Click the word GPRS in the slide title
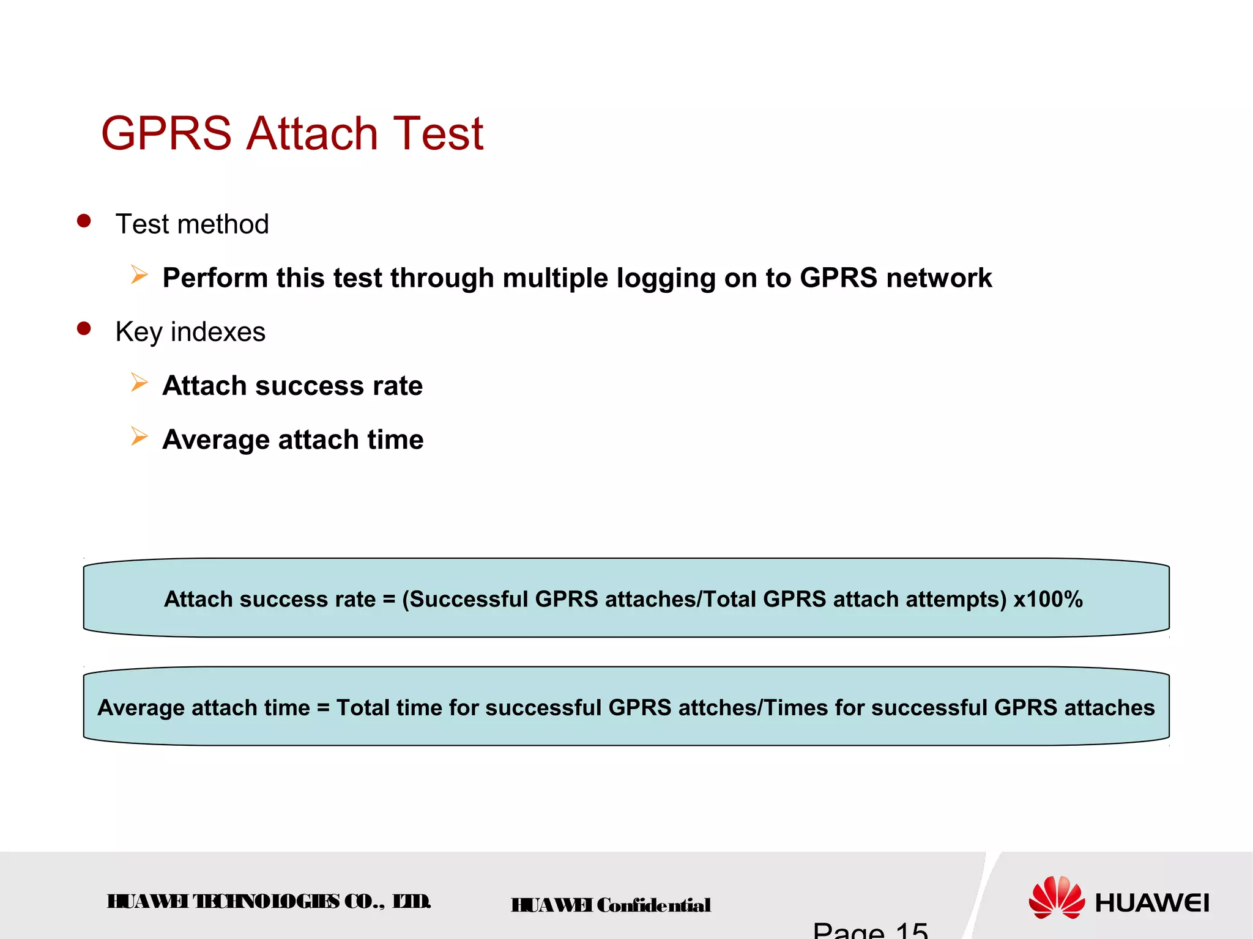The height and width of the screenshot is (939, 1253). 166,134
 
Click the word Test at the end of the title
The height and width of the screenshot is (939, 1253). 438,134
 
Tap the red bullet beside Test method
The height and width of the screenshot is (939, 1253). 84,221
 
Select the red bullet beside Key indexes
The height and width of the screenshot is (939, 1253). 84,329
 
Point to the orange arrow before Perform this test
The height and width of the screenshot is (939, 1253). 139,275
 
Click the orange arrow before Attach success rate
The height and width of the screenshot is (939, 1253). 139,383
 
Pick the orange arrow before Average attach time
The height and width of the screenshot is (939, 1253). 139,437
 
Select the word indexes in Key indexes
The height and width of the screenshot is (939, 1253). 218,332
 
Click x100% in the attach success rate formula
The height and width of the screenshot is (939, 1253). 1048,599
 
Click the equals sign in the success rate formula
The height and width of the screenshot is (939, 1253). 389,599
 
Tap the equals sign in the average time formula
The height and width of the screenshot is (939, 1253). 323,707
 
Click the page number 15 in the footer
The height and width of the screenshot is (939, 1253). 911,930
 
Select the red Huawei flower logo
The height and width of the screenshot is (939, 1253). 1057,897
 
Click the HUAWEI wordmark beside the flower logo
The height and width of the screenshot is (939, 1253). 1151,903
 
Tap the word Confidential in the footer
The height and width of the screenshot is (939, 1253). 653,905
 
